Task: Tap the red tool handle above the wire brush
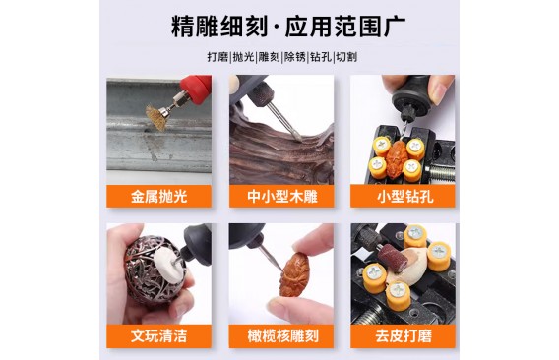(196, 86)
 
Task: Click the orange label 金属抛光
(159, 196)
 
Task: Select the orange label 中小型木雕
(281, 196)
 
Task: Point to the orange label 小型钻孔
(403, 196)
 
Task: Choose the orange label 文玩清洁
(159, 336)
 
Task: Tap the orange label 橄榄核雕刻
(281, 336)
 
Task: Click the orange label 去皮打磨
(403, 336)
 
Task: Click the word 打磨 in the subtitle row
(217, 57)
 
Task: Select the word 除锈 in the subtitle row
(295, 57)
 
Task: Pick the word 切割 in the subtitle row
(346, 57)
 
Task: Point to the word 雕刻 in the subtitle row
(269, 57)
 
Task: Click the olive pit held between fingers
(293, 274)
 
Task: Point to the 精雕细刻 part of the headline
(219, 27)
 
